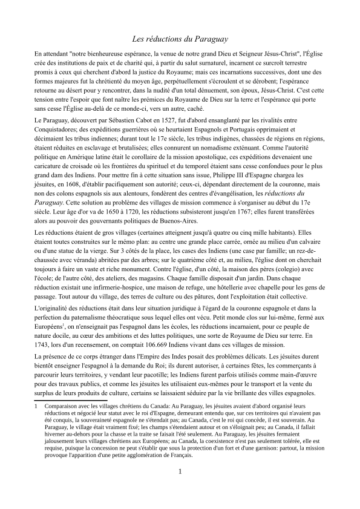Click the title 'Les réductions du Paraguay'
pos(180,39)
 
